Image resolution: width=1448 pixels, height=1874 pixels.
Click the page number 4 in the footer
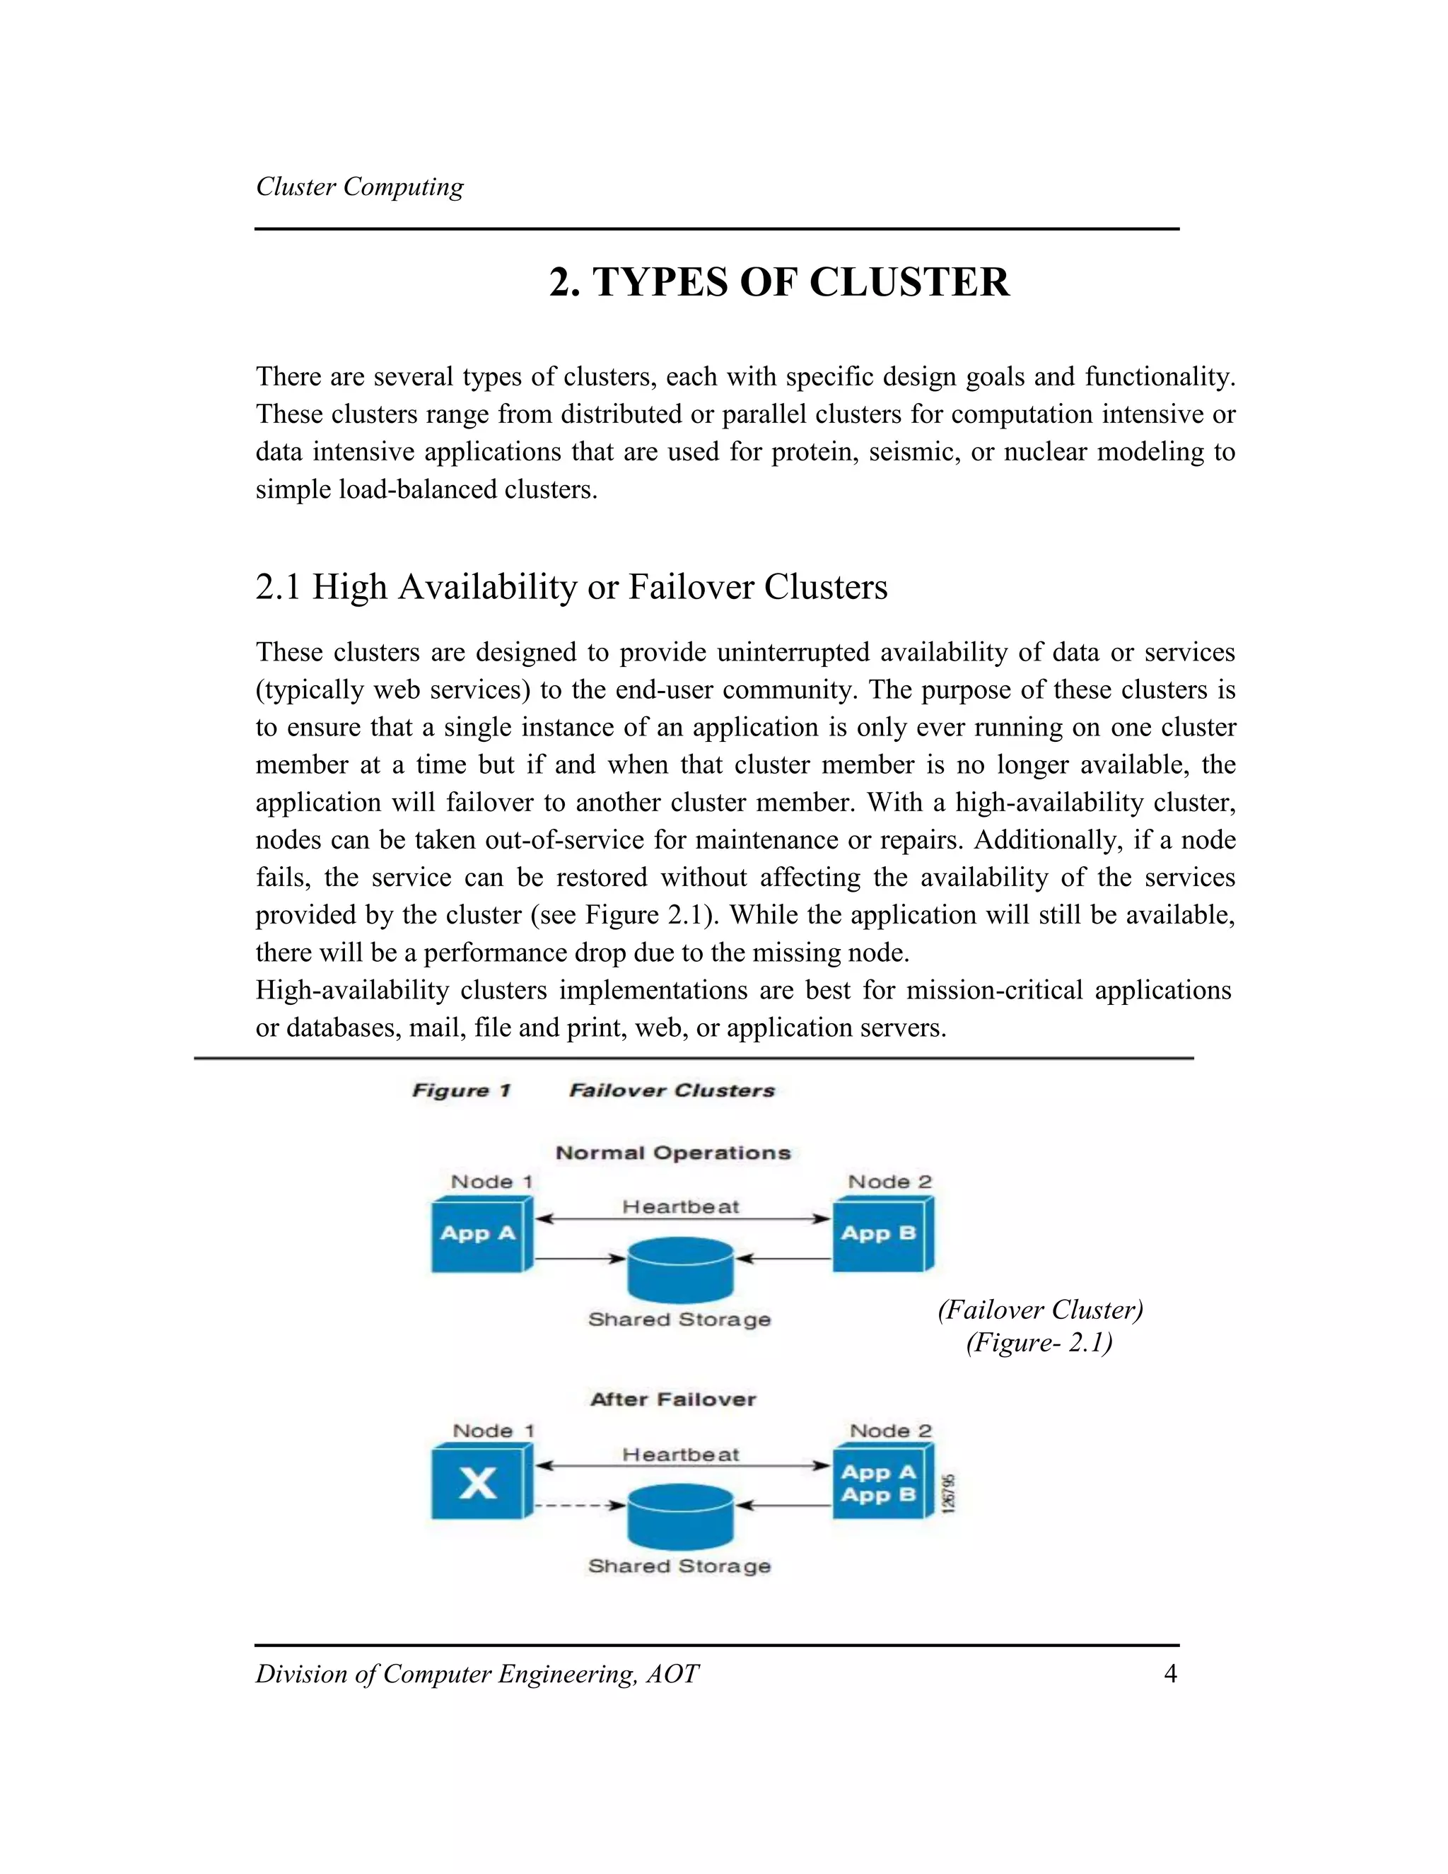(1170, 1673)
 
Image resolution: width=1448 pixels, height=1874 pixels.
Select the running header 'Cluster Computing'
(359, 187)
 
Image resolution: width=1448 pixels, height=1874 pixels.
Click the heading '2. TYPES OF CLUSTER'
(779, 282)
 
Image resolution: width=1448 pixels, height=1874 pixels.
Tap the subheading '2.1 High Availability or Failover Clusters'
(571, 587)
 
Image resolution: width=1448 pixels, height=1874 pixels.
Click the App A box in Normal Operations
(478, 1235)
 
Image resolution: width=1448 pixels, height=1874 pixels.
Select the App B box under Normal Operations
(878, 1235)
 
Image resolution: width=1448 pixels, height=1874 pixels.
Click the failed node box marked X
(478, 1483)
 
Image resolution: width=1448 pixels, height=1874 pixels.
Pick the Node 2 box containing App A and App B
(878, 1483)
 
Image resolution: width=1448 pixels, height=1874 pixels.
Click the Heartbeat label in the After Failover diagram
(680, 1455)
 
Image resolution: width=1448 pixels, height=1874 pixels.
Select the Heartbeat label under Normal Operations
(680, 1207)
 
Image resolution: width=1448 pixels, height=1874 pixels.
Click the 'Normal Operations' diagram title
(673, 1153)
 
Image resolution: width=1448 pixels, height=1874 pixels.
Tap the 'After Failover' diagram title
(673, 1399)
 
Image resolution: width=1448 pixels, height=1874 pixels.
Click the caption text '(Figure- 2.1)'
(1039, 1342)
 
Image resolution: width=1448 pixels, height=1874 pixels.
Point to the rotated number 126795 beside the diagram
(948, 1493)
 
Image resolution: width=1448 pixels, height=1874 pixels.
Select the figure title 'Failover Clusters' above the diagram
(672, 1090)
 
